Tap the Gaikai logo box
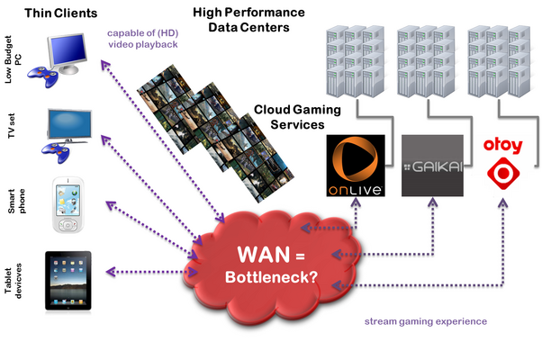coord(432,166)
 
